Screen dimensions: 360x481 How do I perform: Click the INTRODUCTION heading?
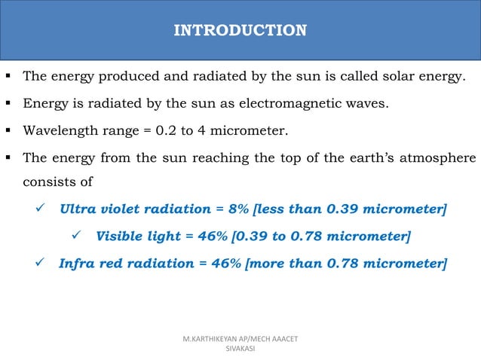(x=240, y=31)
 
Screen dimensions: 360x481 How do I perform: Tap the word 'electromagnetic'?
(x=296, y=104)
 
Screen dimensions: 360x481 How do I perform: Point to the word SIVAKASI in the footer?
(x=240, y=349)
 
